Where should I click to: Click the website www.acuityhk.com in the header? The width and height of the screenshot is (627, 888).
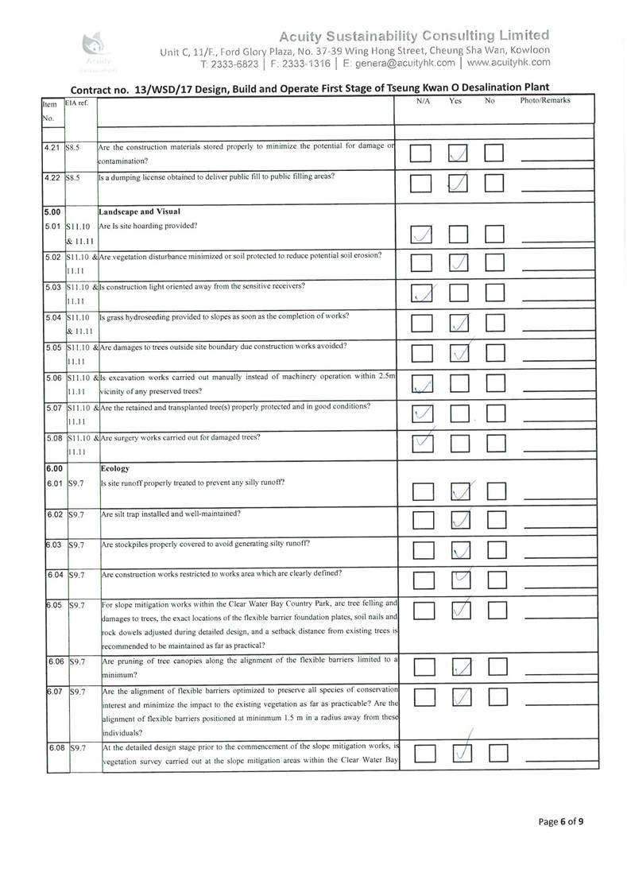(x=509, y=62)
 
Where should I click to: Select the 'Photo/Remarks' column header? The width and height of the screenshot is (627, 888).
(x=545, y=101)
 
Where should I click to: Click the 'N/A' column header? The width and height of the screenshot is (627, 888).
(x=423, y=101)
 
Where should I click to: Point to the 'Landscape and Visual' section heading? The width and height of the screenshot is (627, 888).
(x=140, y=211)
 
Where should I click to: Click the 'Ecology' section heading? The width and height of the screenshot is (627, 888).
(x=118, y=469)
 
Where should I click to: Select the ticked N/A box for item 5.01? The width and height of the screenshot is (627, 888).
(x=422, y=235)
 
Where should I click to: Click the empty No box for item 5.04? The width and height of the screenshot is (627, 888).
(x=496, y=324)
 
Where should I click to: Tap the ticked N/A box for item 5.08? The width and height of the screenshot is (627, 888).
(x=422, y=444)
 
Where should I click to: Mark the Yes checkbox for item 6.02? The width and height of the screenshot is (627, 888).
(x=459, y=521)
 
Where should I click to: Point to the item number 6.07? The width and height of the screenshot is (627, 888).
(x=54, y=691)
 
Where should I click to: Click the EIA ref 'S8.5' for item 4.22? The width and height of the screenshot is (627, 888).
(x=74, y=176)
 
